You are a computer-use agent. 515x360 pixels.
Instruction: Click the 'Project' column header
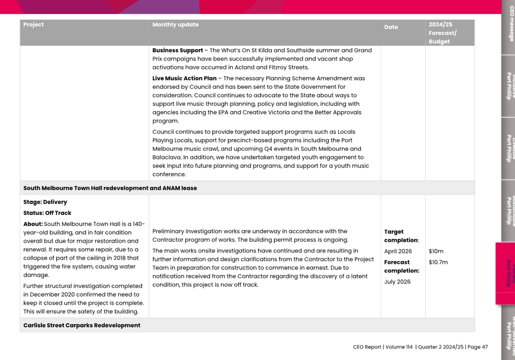click(33, 24)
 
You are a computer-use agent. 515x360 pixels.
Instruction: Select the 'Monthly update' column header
click(175, 24)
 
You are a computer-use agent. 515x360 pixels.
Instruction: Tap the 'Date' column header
click(391, 27)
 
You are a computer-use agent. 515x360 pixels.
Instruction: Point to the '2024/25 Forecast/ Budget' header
click(442, 33)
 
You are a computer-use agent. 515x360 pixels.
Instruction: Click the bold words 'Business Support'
click(178, 50)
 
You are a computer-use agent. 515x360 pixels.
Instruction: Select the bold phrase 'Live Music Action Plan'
click(184, 78)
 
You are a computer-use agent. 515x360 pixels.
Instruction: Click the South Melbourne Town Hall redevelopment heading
click(110, 188)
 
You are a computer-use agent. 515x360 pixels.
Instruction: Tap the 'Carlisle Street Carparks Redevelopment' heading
click(82, 325)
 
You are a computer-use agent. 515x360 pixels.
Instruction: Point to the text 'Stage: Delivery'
click(45, 202)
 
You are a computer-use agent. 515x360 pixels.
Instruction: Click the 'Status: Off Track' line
click(47, 213)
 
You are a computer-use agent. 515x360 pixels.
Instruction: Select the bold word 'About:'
click(33, 224)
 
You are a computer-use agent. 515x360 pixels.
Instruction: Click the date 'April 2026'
click(398, 251)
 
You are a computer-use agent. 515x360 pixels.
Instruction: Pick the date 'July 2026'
click(397, 282)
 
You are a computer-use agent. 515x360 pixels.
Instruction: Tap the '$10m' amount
click(436, 251)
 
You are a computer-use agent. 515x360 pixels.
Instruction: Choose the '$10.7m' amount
click(438, 262)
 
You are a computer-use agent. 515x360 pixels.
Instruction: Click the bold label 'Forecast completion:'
click(401, 266)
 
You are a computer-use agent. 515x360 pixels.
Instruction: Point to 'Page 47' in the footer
click(478, 347)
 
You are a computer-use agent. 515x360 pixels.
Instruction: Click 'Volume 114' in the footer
click(399, 347)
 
